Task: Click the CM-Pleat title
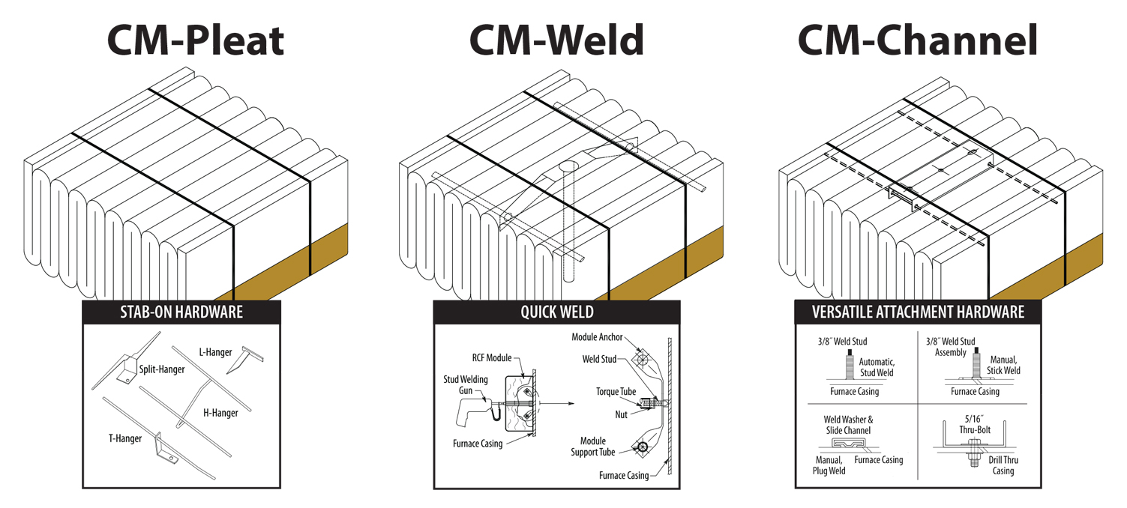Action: [x=196, y=40]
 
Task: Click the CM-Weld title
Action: [x=556, y=40]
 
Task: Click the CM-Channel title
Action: [x=917, y=40]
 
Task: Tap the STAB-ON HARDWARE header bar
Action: [x=181, y=312]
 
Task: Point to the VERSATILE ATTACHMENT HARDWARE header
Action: [x=918, y=312]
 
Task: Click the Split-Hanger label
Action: [x=162, y=369]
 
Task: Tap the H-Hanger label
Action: [x=220, y=413]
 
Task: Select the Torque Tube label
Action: [x=616, y=392]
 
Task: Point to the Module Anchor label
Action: [x=597, y=337]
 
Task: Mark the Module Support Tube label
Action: [x=598, y=447]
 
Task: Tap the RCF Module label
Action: [x=492, y=358]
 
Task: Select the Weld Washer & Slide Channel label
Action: [x=848, y=425]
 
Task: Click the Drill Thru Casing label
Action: [x=1003, y=465]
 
